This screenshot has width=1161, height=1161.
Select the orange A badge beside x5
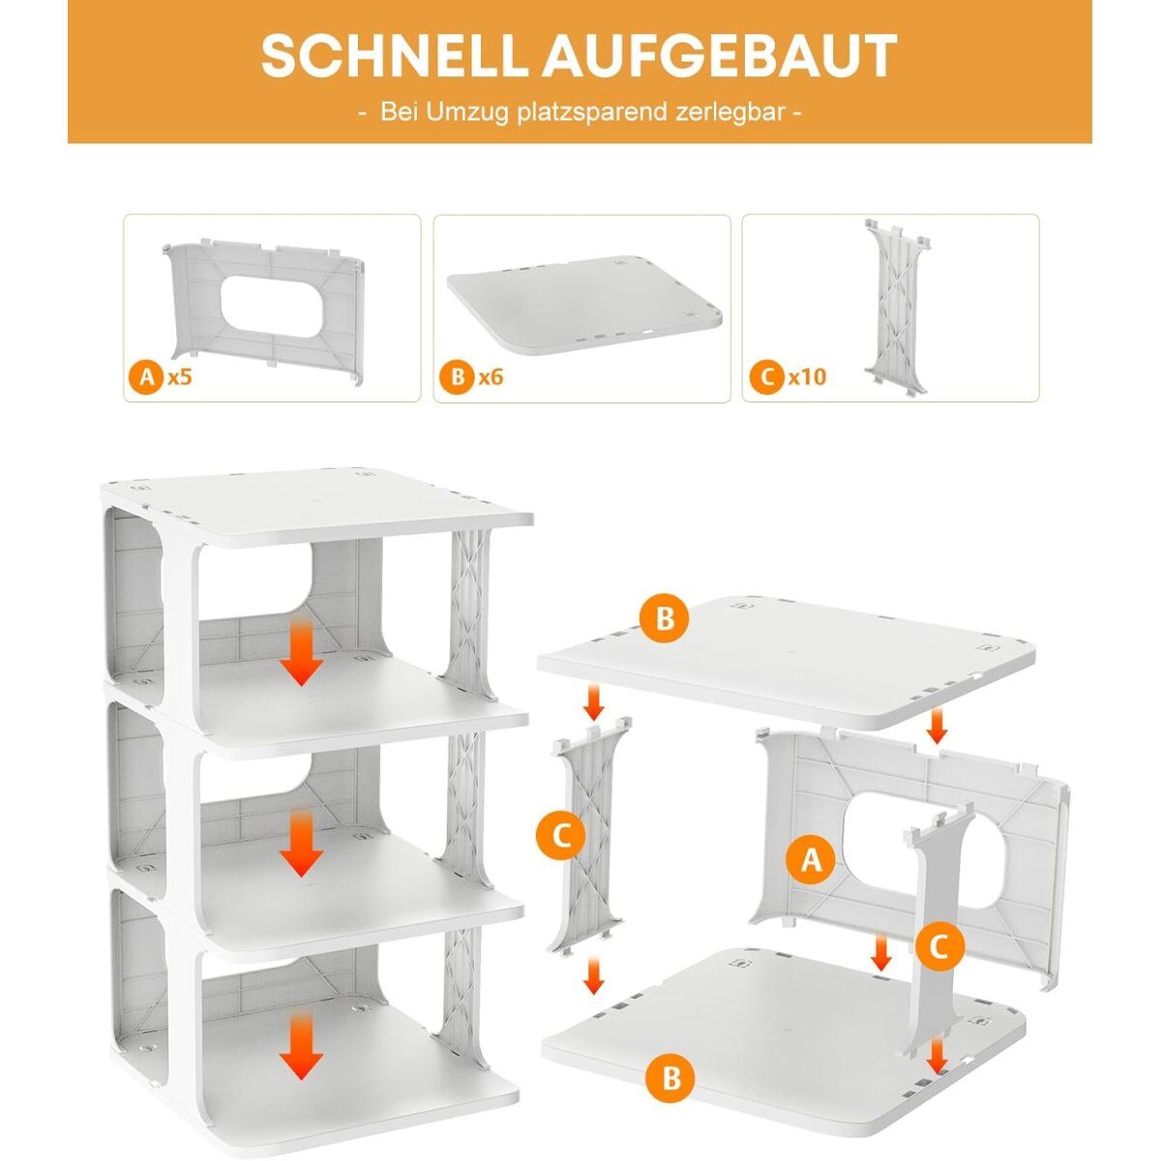(146, 377)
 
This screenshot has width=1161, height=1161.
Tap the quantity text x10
(808, 377)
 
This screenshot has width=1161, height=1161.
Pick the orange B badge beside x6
(458, 377)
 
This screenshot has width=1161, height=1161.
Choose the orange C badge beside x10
(766, 377)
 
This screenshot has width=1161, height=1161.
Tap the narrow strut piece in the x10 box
(896, 306)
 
